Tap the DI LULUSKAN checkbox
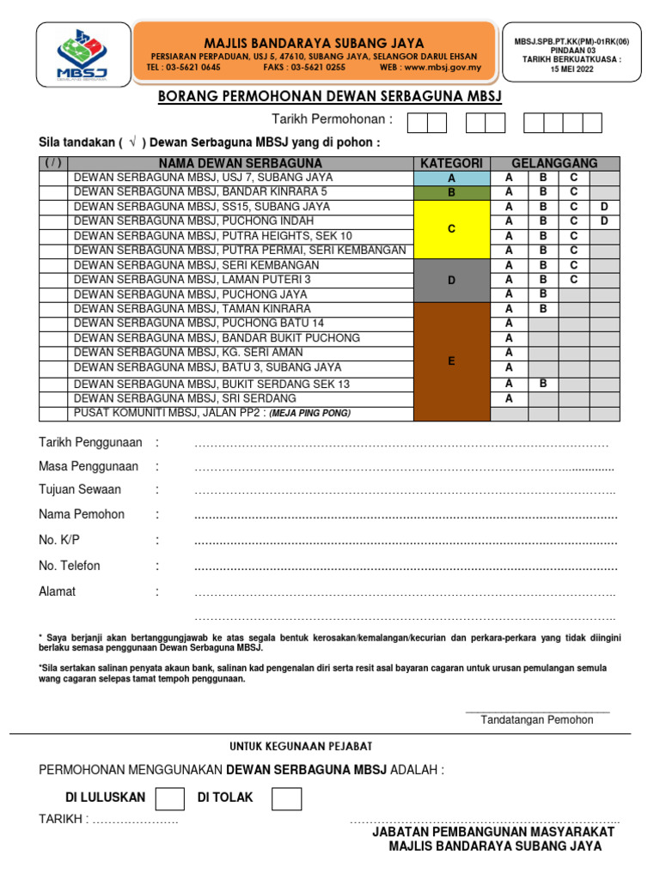click(169, 799)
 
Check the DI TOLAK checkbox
click(286, 799)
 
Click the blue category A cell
click(451, 178)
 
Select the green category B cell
click(451, 192)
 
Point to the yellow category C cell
click(451, 229)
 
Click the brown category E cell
click(451, 361)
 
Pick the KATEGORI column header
click(451, 163)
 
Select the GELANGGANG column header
click(554, 163)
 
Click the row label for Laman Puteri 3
click(192, 279)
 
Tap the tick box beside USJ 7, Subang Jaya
click(53, 178)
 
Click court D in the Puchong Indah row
click(604, 221)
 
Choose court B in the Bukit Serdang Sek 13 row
click(543, 384)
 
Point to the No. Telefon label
click(70, 566)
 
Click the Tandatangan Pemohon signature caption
click(537, 719)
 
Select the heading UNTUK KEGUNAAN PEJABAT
click(300, 747)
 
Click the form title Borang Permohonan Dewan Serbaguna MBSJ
click(330, 96)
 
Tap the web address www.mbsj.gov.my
click(443, 67)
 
